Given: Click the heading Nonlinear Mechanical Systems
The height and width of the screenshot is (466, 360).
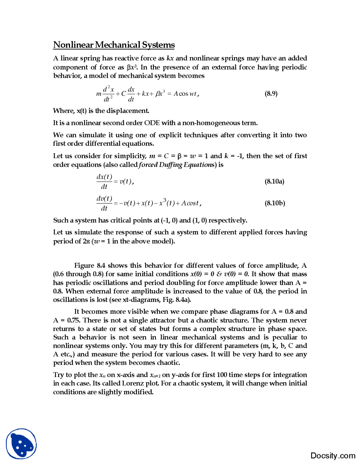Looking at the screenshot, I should point(114,45).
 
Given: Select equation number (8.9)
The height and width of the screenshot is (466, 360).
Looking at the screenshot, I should point(271,93).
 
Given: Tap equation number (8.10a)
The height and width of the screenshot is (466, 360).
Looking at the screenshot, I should point(274,181).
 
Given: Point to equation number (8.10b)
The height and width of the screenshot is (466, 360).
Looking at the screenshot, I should point(274,203).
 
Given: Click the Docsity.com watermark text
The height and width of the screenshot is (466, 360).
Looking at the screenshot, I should point(333,455).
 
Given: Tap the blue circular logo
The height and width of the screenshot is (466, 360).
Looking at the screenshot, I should point(21,444).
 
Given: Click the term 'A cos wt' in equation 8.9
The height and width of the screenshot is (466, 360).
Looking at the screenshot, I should point(185,94).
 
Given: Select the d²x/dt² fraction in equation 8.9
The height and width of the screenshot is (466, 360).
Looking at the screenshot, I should point(108,94).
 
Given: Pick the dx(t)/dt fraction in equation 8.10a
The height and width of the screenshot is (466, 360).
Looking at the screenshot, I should point(104,182).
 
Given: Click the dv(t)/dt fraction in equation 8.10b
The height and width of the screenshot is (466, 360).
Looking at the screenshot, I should point(104,203).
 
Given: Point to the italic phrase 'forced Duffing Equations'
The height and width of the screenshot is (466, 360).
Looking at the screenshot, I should point(177,165).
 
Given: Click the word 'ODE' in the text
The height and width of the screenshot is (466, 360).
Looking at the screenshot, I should point(152,123).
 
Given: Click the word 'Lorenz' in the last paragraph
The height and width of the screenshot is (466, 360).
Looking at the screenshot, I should point(132,383).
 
